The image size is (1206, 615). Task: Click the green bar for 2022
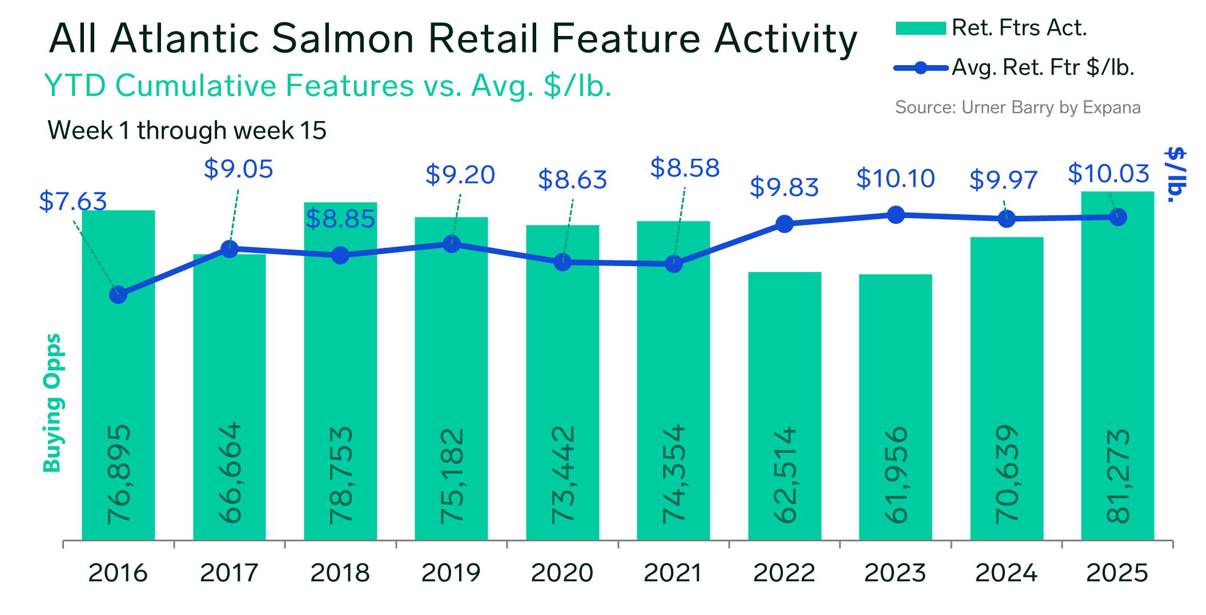click(x=785, y=406)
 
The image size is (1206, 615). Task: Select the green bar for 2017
click(x=230, y=397)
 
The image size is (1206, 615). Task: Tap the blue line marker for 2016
click(x=118, y=295)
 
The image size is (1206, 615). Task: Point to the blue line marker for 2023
click(x=896, y=215)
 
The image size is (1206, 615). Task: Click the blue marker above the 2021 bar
click(x=674, y=264)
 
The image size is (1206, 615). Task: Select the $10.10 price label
click(x=895, y=179)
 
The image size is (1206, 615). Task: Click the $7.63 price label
click(x=73, y=202)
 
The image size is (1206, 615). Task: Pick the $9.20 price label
click(x=460, y=175)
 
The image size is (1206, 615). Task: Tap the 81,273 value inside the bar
click(x=1118, y=476)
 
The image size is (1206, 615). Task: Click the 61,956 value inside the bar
click(x=896, y=475)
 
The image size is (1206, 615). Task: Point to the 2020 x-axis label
click(x=562, y=573)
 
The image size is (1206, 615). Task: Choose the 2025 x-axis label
click(x=1117, y=573)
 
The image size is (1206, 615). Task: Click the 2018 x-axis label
click(x=340, y=573)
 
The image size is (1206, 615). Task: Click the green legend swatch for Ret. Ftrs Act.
click(x=920, y=28)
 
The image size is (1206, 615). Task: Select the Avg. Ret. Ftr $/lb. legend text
click(x=1043, y=68)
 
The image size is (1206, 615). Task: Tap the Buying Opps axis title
click(x=53, y=403)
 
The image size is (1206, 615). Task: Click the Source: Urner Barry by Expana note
click(x=1018, y=107)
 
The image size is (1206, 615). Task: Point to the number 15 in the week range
click(x=313, y=131)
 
